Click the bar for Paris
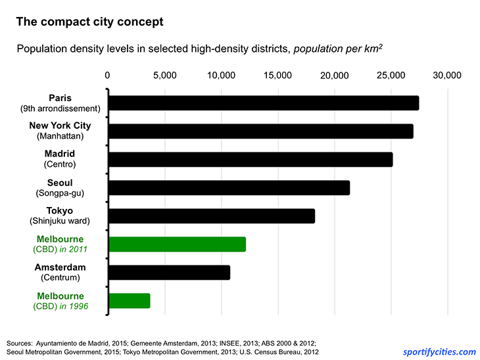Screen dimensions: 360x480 [x=263, y=103]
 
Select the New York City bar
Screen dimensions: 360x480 [x=260, y=131]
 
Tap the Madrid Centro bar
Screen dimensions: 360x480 [x=250, y=160]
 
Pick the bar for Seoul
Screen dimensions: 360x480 [x=229, y=188]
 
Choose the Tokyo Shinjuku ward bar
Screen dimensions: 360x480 [x=211, y=216]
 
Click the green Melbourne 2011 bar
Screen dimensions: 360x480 [x=177, y=244]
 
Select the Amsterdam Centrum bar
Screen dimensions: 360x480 [x=169, y=273]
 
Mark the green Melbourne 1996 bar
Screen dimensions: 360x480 [x=129, y=301]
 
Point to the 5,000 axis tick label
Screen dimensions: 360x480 [x=164, y=75]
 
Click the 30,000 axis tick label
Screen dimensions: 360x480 [x=447, y=75]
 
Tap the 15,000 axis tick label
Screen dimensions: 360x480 [x=277, y=75]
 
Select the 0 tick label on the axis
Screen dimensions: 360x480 [x=108, y=75]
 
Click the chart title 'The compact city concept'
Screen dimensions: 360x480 [x=89, y=22]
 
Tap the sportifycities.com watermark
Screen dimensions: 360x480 [x=440, y=351]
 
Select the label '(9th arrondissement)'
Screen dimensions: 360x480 [x=60, y=109]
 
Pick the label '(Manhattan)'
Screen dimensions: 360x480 [x=60, y=137]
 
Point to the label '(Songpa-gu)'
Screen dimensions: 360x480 [x=60, y=193]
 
